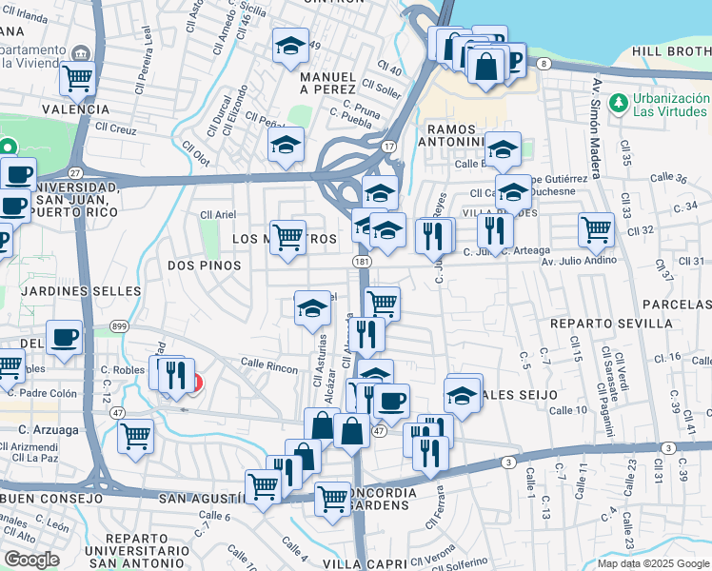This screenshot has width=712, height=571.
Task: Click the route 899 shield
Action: tap(119, 325)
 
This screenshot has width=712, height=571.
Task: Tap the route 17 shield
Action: tap(388, 147)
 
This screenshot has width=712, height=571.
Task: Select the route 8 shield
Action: tap(543, 64)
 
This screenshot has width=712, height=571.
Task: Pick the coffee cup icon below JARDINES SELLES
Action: tap(65, 338)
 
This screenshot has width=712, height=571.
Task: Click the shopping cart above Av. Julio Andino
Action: tap(596, 228)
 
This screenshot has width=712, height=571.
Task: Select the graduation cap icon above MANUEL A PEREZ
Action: tap(290, 46)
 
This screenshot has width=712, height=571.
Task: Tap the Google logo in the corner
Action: tap(31, 560)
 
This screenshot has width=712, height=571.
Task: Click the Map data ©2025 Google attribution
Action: tap(653, 563)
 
